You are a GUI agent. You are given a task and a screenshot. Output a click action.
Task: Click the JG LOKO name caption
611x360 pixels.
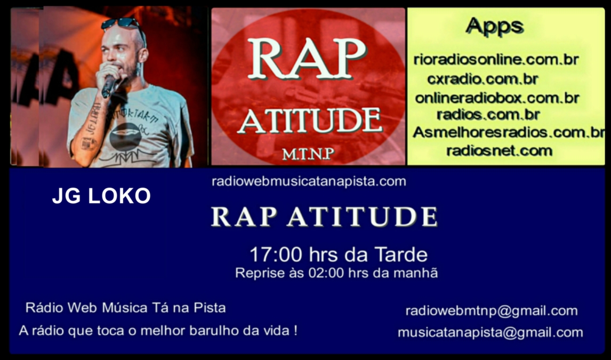101,196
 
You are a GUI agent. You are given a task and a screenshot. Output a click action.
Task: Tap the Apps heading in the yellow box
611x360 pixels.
495,27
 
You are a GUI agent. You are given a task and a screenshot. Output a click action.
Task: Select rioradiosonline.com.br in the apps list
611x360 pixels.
496,60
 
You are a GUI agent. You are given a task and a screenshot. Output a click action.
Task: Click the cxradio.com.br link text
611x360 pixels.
483,79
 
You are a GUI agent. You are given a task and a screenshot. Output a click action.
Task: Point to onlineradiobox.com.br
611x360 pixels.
497,98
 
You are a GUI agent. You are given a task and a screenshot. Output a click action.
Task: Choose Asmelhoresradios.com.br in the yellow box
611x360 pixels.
509,132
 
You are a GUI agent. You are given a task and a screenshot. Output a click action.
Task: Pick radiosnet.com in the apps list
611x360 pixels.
499,150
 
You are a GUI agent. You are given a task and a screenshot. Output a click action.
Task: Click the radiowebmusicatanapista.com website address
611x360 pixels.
309,181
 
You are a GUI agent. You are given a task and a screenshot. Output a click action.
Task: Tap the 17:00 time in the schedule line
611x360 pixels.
276,255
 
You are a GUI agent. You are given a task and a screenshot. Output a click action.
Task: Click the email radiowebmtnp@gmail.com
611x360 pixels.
492,311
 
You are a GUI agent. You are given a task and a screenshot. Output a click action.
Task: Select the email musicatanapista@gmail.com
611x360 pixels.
491,332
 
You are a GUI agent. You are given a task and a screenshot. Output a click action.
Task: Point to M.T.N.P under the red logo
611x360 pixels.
308,154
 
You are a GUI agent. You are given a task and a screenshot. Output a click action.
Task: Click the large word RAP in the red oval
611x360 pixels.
307,59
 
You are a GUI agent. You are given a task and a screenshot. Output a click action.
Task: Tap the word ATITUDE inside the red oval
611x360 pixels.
310,121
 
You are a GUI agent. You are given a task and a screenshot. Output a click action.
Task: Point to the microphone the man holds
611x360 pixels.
109,85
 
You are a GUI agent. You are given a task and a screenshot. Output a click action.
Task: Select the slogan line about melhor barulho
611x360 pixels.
158,331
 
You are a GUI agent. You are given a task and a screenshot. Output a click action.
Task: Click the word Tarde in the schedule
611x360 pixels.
401,255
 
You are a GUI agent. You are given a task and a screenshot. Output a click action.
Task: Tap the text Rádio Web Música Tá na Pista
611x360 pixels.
125,308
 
